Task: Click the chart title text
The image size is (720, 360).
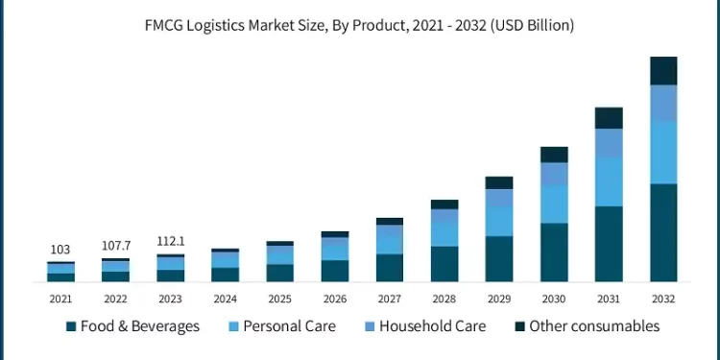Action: pyautogui.click(x=360, y=26)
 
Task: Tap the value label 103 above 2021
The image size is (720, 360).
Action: pyautogui.click(x=60, y=250)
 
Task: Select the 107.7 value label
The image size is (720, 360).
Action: pyautogui.click(x=115, y=246)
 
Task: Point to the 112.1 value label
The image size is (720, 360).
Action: pyautogui.click(x=170, y=241)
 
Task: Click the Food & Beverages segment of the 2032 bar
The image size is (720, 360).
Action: pyautogui.click(x=663, y=232)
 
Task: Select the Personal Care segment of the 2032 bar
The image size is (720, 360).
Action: pyautogui.click(x=663, y=153)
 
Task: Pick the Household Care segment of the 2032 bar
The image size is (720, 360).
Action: pyautogui.click(x=663, y=104)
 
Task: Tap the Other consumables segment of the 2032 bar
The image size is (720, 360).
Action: pyautogui.click(x=663, y=71)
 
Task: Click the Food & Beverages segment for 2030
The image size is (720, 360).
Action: pyautogui.click(x=554, y=252)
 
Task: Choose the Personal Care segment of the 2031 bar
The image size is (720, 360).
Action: pyautogui.click(x=609, y=181)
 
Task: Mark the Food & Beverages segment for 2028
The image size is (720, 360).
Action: pyautogui.click(x=444, y=264)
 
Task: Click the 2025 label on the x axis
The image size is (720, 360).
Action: pyautogui.click(x=279, y=299)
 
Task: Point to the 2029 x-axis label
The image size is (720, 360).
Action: pyautogui.click(x=499, y=299)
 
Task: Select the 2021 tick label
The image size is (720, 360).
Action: pyautogui.click(x=60, y=299)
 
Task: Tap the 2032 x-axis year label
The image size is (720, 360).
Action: pyautogui.click(x=663, y=299)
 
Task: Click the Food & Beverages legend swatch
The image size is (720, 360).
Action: pyautogui.click(x=70, y=327)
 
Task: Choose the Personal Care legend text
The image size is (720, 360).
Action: pyautogui.click(x=289, y=326)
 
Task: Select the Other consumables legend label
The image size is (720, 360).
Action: pyautogui.click(x=594, y=326)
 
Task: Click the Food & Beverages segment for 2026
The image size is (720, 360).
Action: pyautogui.click(x=335, y=271)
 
